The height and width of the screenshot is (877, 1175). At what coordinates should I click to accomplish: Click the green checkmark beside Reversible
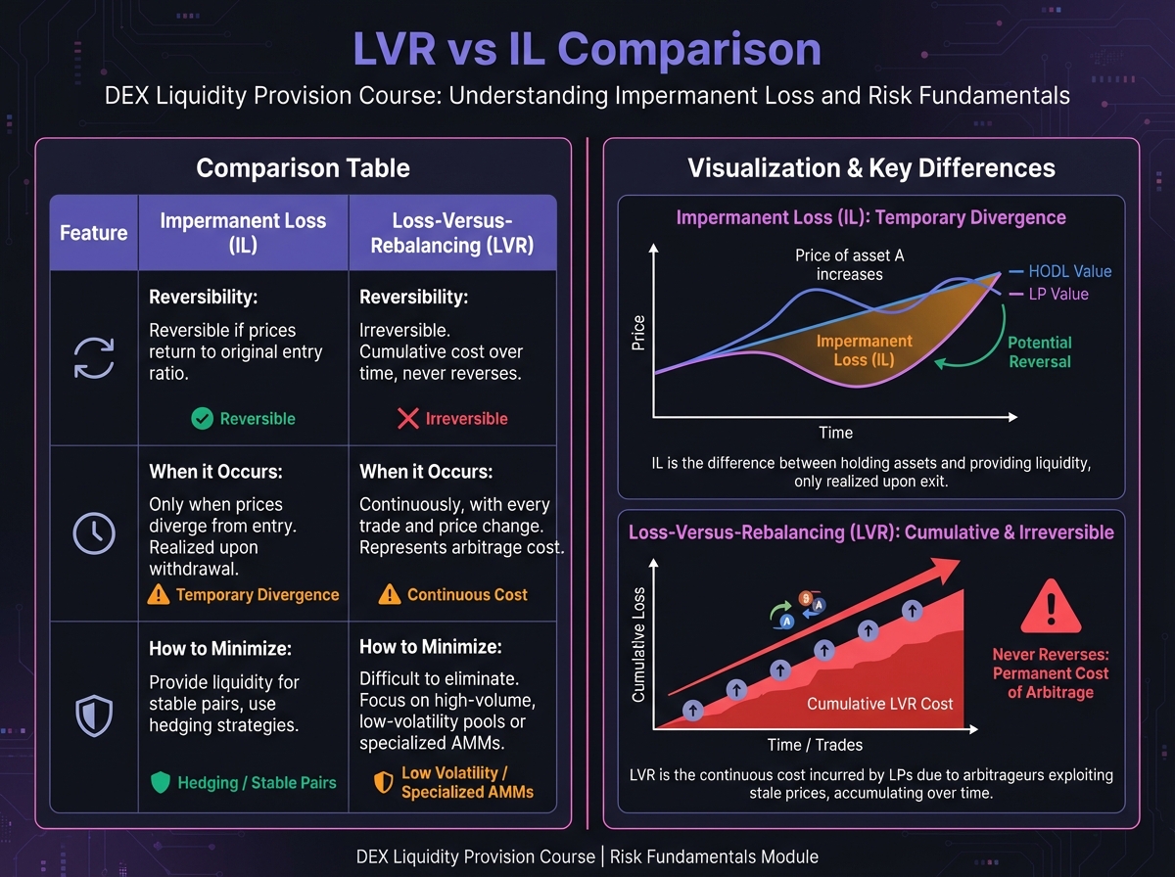[x=202, y=419]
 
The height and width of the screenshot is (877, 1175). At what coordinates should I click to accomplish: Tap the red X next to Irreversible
[x=408, y=419]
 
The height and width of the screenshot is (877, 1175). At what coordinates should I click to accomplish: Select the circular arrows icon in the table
[x=94, y=357]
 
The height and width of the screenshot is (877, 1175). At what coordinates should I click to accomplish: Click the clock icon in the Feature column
[x=94, y=533]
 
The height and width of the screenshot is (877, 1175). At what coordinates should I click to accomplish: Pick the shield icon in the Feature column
[x=94, y=716]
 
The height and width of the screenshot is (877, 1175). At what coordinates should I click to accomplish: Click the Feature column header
[x=94, y=233]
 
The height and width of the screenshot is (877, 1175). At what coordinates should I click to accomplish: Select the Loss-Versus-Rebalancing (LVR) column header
[x=451, y=233]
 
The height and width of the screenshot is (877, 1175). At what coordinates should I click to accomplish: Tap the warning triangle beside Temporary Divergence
[x=159, y=594]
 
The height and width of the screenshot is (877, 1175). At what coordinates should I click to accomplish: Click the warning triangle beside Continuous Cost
[x=389, y=594]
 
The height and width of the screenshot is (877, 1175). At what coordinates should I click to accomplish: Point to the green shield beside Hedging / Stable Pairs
[x=161, y=782]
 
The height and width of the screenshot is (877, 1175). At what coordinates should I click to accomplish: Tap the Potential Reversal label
[x=1039, y=352]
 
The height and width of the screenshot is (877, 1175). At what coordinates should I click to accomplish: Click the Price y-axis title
[x=639, y=333]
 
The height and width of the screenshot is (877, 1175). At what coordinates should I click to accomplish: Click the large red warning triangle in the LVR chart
[x=1051, y=607]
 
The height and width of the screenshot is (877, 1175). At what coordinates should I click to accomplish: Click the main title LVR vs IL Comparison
[x=587, y=49]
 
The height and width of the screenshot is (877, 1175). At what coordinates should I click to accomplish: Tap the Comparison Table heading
[x=303, y=168]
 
